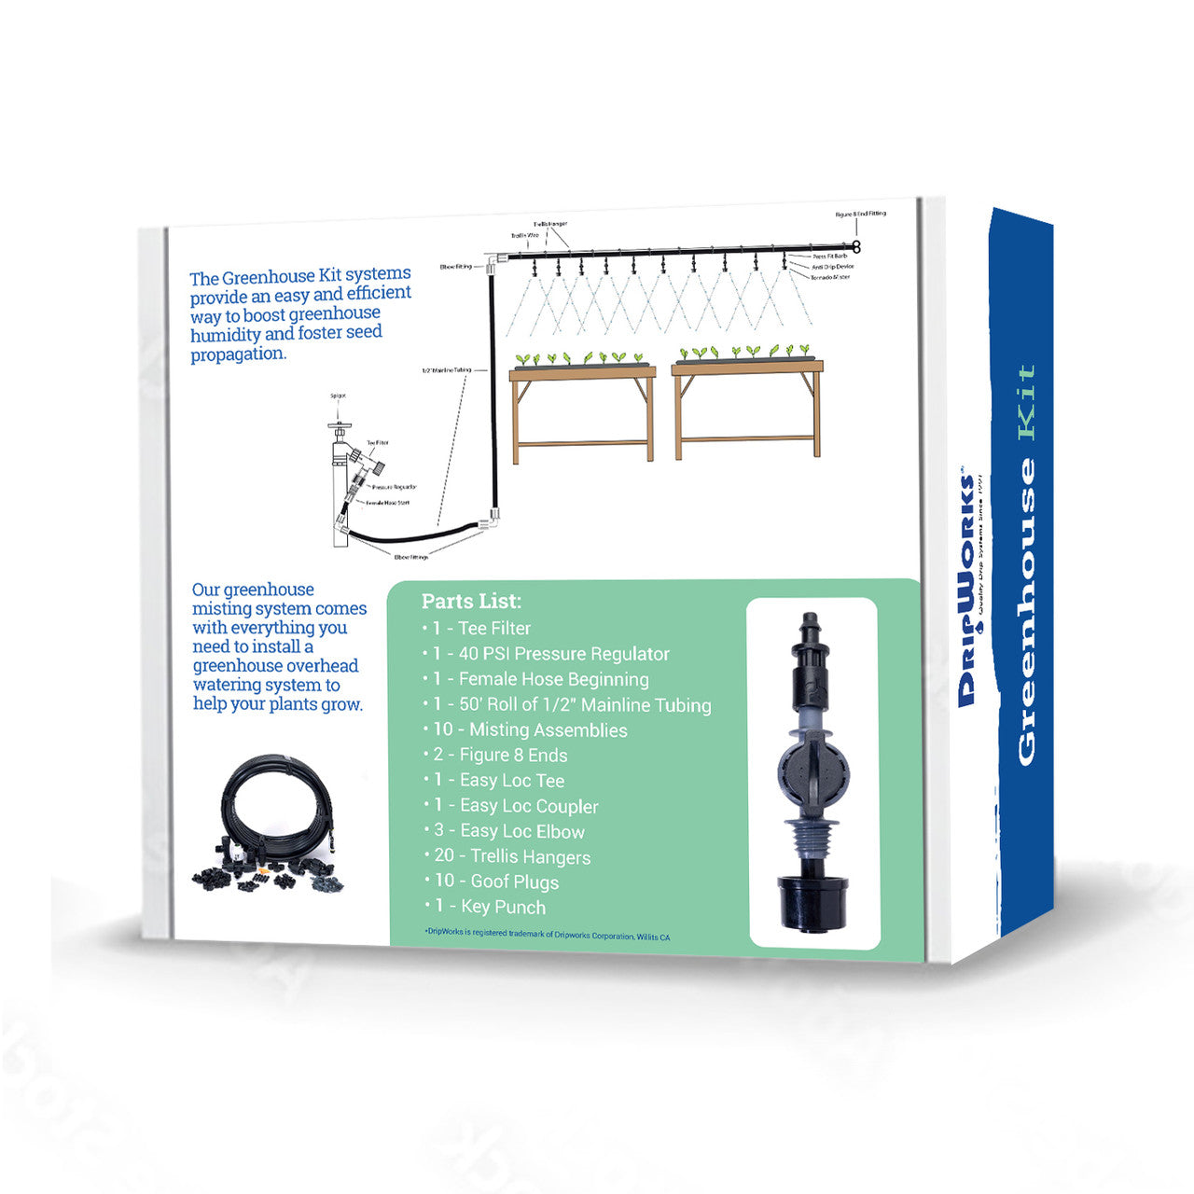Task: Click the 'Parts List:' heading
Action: pyautogui.click(x=471, y=602)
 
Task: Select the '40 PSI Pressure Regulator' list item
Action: pyautogui.click(x=551, y=654)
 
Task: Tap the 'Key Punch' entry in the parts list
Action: pyautogui.click(x=491, y=907)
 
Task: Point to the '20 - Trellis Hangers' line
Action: pyautogui.click(x=512, y=856)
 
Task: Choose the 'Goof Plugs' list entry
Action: pyautogui.click(x=496, y=882)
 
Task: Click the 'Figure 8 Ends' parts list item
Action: pyautogui.click(x=500, y=756)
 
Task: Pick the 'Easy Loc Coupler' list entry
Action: pyautogui.click(x=517, y=806)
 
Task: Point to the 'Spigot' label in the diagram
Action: pyautogui.click(x=338, y=396)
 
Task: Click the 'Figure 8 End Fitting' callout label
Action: pyautogui.click(x=860, y=215)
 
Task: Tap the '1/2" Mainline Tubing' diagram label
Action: pyautogui.click(x=447, y=370)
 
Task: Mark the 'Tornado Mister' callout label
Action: pyautogui.click(x=829, y=277)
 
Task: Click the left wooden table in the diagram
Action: pyautogui.click(x=582, y=410)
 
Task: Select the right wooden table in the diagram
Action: pyautogui.click(x=746, y=406)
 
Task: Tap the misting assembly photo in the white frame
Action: pyautogui.click(x=812, y=772)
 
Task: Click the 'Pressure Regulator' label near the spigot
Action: pyautogui.click(x=393, y=487)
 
